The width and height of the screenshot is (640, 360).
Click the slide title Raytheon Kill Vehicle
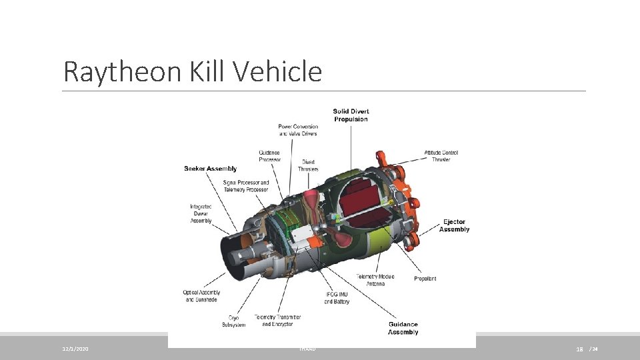click(x=192, y=71)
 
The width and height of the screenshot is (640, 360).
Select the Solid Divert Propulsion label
click(x=350, y=115)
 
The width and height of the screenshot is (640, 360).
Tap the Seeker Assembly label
click(x=210, y=169)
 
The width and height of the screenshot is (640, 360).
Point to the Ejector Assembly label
click(x=454, y=225)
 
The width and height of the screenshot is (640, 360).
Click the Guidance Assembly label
click(x=403, y=328)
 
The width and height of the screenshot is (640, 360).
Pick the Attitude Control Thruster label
click(x=441, y=156)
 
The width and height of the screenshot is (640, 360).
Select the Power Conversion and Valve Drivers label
click(x=297, y=130)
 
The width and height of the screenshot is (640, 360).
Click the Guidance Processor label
click(x=270, y=156)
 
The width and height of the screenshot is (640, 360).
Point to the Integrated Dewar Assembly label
click(x=201, y=213)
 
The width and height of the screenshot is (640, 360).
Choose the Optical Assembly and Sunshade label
click(x=201, y=296)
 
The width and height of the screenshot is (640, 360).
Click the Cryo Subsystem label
click(x=233, y=321)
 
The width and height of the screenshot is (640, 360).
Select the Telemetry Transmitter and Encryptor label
click(x=277, y=321)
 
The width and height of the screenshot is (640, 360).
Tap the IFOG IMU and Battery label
click(x=337, y=298)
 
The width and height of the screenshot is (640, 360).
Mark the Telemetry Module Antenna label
click(x=375, y=280)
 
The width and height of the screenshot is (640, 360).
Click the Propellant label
click(x=425, y=279)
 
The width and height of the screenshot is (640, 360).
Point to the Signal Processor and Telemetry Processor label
click(x=246, y=185)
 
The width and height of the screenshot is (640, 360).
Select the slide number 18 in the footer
click(x=580, y=349)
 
